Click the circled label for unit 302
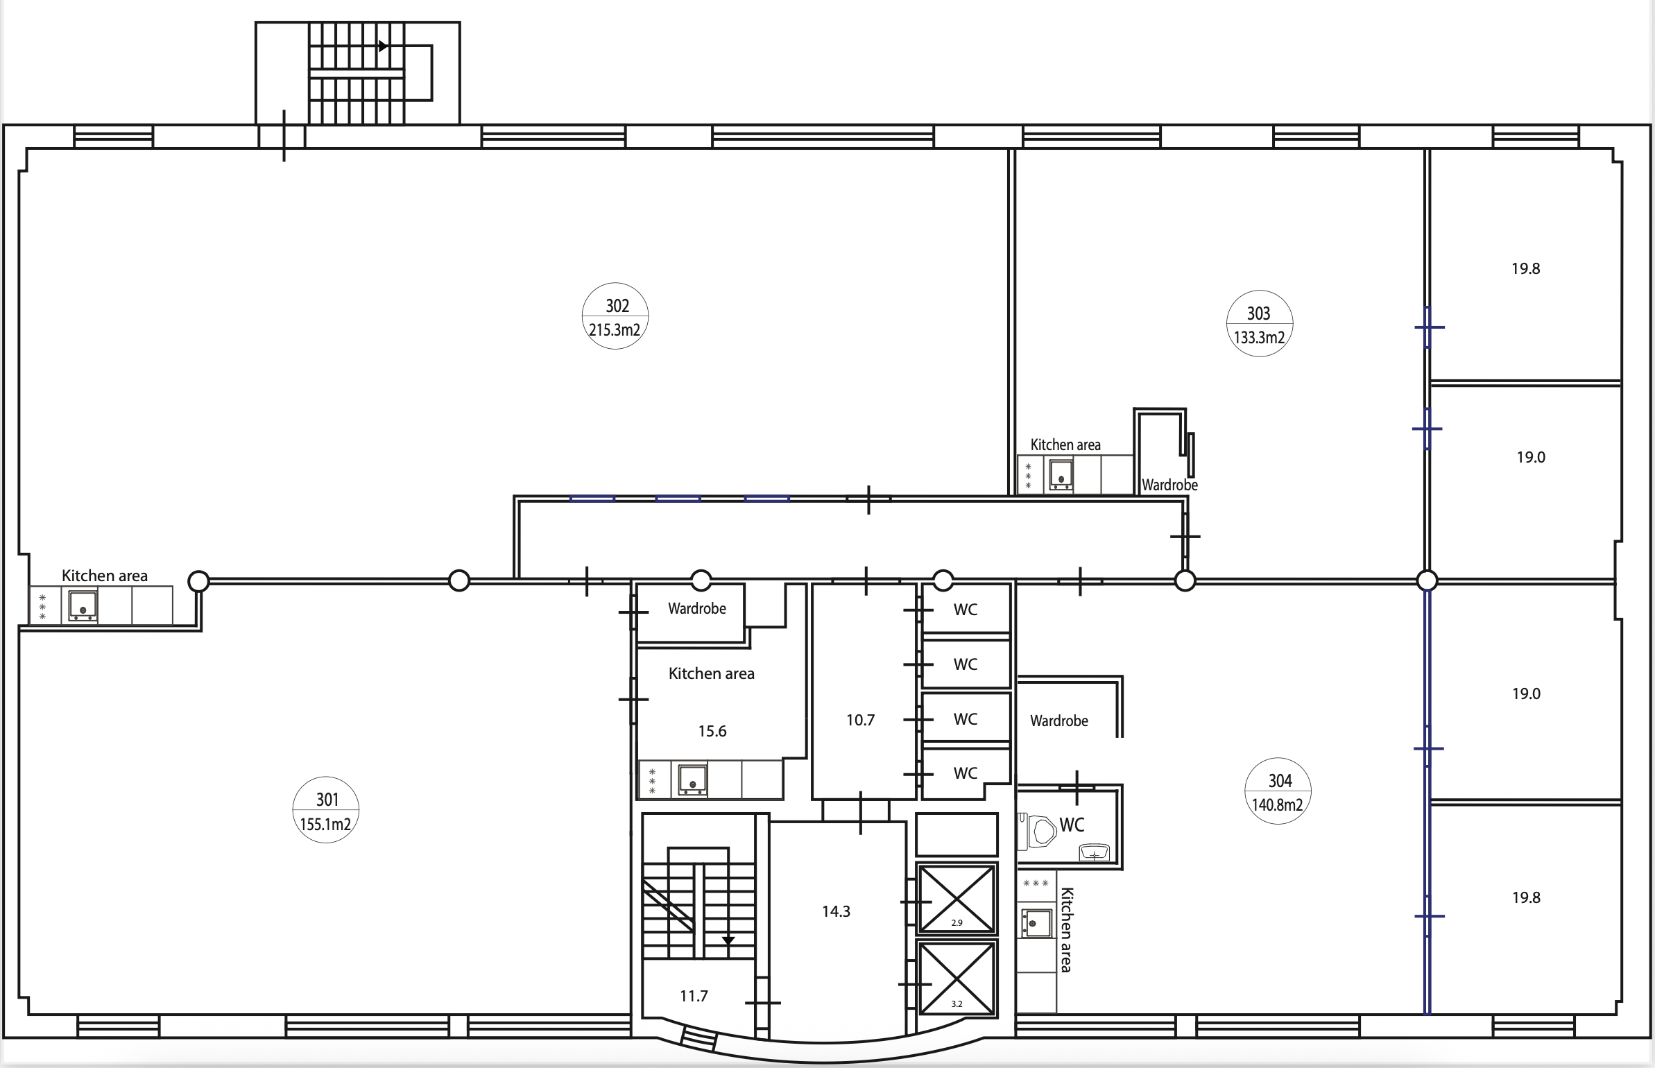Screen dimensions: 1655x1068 [x=615, y=316]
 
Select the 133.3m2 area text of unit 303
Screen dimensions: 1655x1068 [x=1259, y=338]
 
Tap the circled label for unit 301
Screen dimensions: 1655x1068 [x=326, y=810]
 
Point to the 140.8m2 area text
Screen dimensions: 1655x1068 [x=1278, y=805]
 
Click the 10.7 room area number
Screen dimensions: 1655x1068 [x=860, y=721]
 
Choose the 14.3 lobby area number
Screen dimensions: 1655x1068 [x=836, y=911]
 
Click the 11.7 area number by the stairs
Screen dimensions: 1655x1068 [x=694, y=996]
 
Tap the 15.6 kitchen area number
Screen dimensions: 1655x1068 [x=712, y=731]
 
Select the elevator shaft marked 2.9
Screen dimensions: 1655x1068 [x=957, y=898]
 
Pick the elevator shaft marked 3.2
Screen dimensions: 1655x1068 [x=957, y=978]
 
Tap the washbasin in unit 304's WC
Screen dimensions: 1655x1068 [x=1095, y=852]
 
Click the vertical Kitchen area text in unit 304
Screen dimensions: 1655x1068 [x=1067, y=929]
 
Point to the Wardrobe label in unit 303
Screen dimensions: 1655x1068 [x=1169, y=485]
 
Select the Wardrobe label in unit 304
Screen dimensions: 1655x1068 [x=1059, y=721]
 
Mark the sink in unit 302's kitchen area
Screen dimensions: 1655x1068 [x=83, y=606]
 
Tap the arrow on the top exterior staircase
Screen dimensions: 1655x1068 [x=383, y=46]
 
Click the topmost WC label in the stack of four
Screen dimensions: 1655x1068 [x=966, y=610]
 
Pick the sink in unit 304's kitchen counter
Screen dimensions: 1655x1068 [x=1036, y=924]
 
